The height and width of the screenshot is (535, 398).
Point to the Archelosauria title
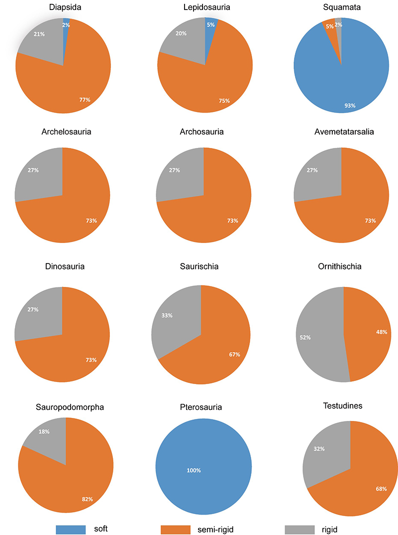point(63,132)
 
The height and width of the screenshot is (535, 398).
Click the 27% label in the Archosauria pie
point(175,170)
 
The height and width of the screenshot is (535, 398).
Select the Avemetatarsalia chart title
point(342,132)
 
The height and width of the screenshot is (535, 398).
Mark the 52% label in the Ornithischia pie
point(305,337)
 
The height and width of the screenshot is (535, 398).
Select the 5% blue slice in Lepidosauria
point(210,30)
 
